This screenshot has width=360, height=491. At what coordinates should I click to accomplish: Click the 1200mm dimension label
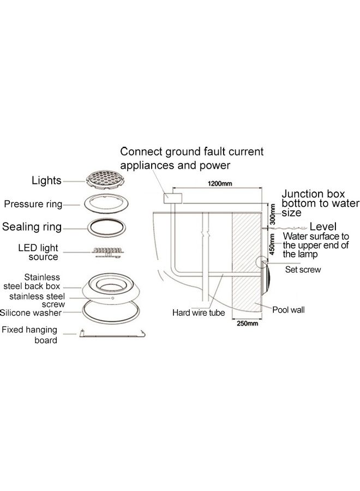pos(220,183)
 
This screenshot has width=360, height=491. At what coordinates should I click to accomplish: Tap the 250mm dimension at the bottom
pos(247,324)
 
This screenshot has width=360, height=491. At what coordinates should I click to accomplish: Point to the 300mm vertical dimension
pos(273,214)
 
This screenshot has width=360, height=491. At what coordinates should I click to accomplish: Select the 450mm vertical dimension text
pos(272,244)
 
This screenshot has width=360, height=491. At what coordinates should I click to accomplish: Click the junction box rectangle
pos(172,198)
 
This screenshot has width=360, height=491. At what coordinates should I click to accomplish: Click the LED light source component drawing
pos(107,252)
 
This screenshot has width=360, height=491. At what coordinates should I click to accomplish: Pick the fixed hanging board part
pos(112,334)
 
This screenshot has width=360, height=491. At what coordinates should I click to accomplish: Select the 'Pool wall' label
pos(289,310)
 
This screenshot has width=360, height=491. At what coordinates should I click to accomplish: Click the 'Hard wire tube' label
pos(199,313)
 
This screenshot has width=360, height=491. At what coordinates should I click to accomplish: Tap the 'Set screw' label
pos(303,270)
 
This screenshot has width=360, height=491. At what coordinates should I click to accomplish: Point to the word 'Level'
pos(323,226)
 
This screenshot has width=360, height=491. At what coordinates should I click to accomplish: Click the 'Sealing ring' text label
pos(32,227)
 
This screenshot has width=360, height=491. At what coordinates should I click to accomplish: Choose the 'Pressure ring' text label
pos(33,204)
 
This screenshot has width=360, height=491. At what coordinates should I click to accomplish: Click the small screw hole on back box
pos(113,298)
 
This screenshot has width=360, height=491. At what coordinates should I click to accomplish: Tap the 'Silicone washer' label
pos(31,313)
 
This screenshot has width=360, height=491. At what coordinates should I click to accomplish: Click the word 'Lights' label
pos(46,181)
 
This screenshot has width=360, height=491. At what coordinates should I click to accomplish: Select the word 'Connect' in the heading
pos(141,152)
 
